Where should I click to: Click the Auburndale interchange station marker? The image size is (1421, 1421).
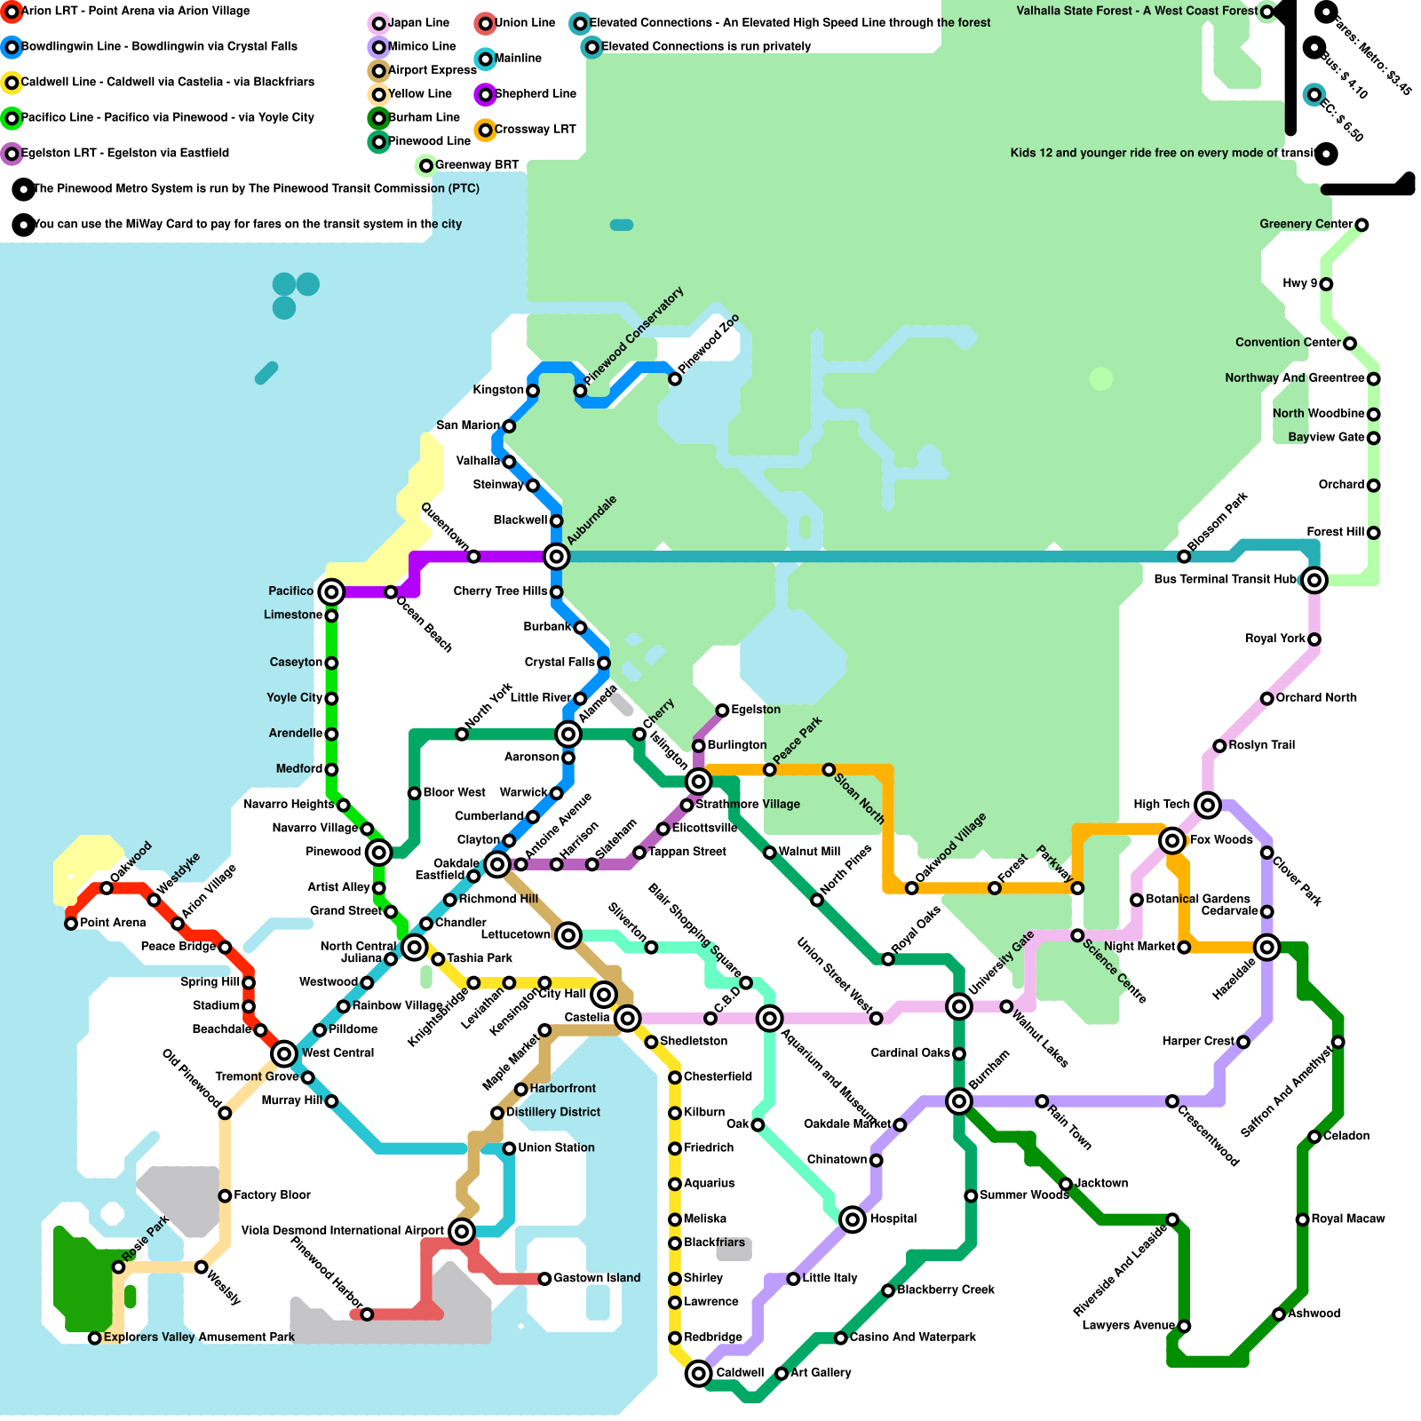click(x=556, y=557)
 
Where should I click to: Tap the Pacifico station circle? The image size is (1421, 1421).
click(x=331, y=591)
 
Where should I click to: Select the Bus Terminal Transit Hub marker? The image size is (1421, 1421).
click(x=1314, y=581)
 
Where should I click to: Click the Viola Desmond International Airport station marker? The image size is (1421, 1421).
click(x=462, y=1231)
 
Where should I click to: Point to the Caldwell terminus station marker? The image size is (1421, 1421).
click(x=699, y=1374)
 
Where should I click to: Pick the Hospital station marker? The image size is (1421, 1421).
click(x=853, y=1219)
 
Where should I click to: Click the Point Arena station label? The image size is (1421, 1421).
click(x=113, y=923)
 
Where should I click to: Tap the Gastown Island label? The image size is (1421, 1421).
click(x=596, y=1278)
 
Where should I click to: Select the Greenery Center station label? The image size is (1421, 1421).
click(x=1306, y=224)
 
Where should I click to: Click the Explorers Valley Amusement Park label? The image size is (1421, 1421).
click(x=199, y=1338)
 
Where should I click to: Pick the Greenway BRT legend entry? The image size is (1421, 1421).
click(x=476, y=165)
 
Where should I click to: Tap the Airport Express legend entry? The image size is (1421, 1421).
click(x=432, y=70)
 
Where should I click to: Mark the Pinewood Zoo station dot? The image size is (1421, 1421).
click(x=675, y=379)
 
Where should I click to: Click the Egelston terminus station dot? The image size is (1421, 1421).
click(x=723, y=710)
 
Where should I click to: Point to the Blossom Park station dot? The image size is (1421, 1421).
click(x=1184, y=557)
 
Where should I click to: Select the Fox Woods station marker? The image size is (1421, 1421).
click(x=1172, y=840)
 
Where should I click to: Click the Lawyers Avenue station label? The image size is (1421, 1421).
click(x=1128, y=1326)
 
